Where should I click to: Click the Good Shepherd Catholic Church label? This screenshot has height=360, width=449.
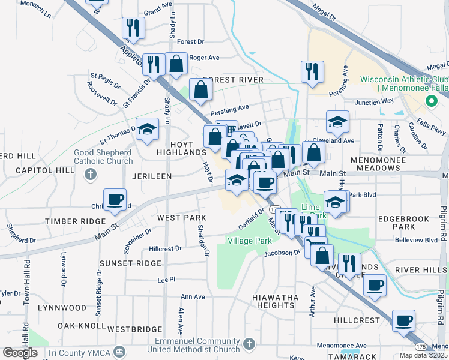coord(103,157)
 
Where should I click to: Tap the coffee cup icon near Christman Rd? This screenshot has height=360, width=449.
coord(115,200)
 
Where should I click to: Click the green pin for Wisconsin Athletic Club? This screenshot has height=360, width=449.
coord(430,103)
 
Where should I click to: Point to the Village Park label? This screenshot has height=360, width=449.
coord(250,241)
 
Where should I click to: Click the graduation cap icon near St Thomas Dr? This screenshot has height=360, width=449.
coord(147,128)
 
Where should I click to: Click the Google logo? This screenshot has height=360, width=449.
coord(20,353)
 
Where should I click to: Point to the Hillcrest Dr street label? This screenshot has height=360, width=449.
coord(165,248)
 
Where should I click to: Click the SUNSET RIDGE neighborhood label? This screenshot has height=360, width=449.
coord(130,263)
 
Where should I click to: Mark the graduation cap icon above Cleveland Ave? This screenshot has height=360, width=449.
coord(338,121)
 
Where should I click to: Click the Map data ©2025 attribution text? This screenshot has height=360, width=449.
coord(423,355)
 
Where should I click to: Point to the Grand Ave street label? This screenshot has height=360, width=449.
coord(158,11)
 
